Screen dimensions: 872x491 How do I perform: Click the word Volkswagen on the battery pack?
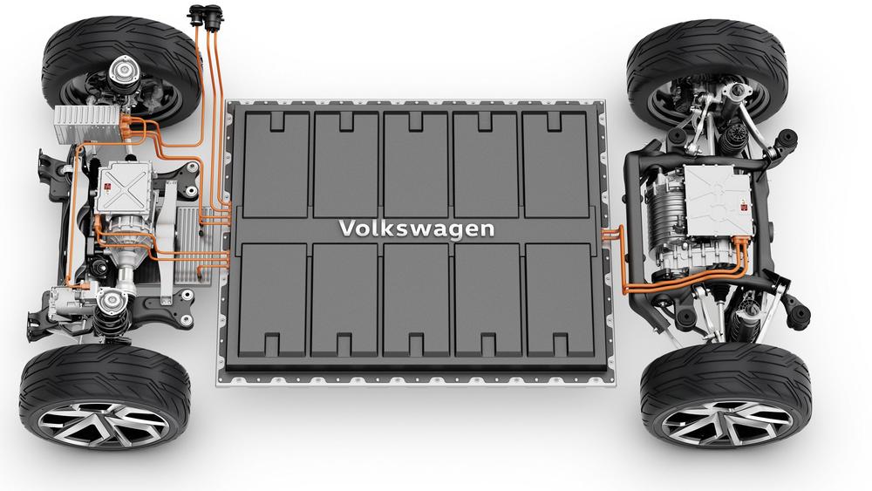click(x=417, y=228)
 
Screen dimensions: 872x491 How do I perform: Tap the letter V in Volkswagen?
click(x=346, y=228)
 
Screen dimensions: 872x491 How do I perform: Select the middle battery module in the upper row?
click(x=415, y=164)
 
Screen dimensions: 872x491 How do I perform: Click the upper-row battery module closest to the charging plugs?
click(x=276, y=164)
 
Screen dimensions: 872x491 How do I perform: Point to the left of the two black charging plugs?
click(x=196, y=15)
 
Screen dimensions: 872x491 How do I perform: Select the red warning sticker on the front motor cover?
click(x=107, y=188)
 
